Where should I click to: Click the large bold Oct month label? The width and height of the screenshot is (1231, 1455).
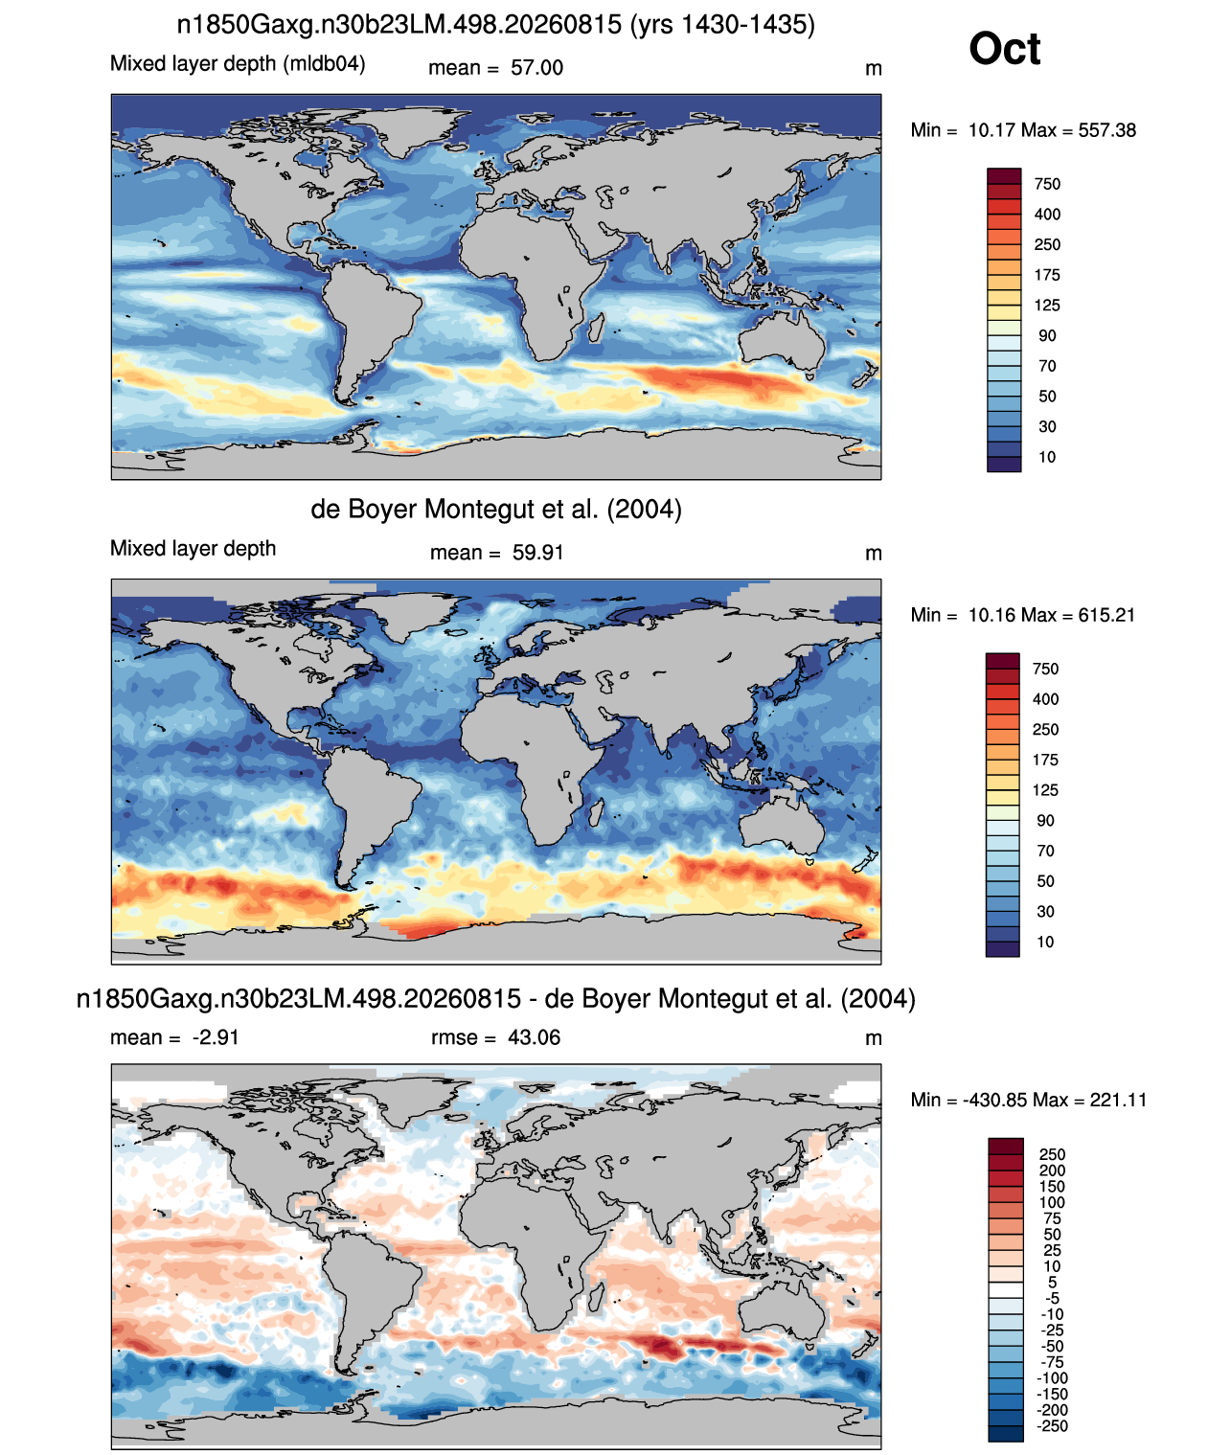1004,49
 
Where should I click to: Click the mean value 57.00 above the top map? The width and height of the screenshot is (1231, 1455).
536,68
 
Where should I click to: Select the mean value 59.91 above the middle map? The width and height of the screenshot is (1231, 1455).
537,553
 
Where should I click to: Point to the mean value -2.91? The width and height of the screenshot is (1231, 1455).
216,1037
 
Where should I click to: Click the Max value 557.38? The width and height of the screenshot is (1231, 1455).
1107,130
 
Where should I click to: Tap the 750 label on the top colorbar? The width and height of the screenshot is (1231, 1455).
1047,185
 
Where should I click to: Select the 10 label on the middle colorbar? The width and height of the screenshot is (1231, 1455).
1045,942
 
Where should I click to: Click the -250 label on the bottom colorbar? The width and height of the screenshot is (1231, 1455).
1054,1426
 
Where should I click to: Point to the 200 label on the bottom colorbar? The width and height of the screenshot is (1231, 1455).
1052,1171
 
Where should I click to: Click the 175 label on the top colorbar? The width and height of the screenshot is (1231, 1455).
1047,275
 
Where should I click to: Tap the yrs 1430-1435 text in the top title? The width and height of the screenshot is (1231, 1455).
723,25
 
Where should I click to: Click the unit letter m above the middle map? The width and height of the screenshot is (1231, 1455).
874,554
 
